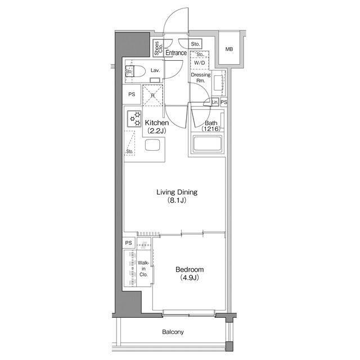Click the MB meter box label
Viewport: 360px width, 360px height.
(x=229, y=49)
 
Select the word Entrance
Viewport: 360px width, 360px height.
(x=176, y=53)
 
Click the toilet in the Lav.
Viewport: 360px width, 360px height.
(x=135, y=71)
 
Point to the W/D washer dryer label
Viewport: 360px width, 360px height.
(x=199, y=62)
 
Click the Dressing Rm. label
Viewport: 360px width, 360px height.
(x=201, y=78)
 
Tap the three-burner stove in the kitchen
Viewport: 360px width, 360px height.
(x=134, y=119)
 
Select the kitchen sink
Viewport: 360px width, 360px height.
(x=152, y=145)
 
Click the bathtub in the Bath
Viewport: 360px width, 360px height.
(x=208, y=144)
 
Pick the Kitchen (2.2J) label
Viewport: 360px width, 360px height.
(x=157, y=127)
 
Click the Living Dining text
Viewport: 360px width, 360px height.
(x=177, y=192)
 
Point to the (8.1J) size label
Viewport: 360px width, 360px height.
(x=177, y=200)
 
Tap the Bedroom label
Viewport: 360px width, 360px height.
(x=190, y=269)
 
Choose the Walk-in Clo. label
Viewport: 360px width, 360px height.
(x=143, y=269)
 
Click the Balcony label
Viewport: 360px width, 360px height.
(x=173, y=332)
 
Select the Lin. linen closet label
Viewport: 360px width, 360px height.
(x=215, y=102)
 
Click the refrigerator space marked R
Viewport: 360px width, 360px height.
(x=152, y=95)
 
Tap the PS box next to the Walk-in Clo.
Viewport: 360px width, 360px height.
(x=129, y=242)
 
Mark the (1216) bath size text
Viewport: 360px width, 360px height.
(x=211, y=129)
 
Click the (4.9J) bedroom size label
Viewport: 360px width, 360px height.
(x=190, y=278)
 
